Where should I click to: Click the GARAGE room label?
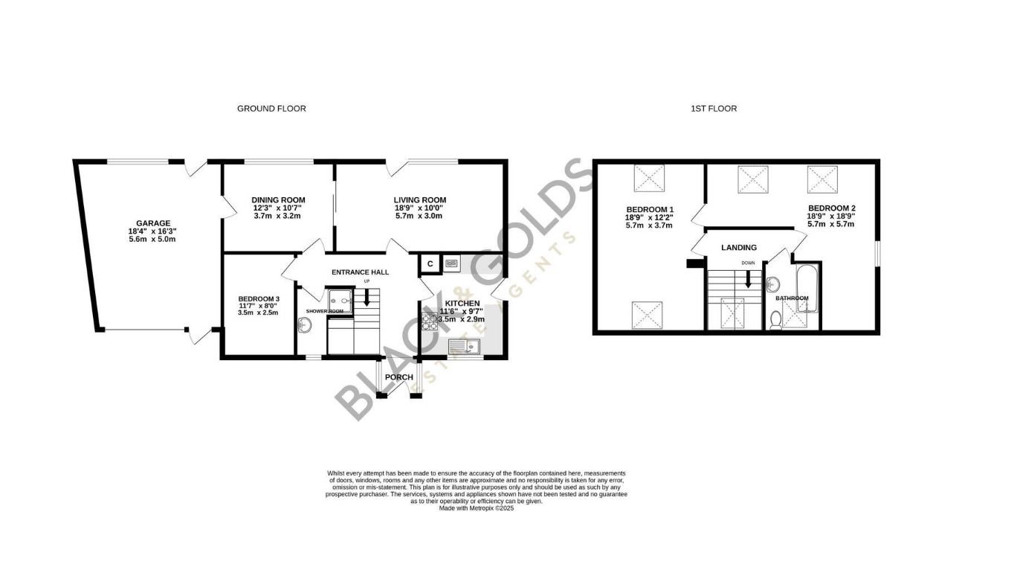153,223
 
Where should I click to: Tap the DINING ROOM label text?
278,200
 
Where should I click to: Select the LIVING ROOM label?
420,200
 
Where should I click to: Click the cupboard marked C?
430,263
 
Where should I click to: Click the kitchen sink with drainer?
465,346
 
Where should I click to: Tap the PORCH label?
399,377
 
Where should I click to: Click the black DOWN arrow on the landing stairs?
749,279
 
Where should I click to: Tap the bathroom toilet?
775,320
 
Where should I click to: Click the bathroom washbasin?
773,284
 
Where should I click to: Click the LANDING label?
739,248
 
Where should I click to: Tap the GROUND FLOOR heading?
271,109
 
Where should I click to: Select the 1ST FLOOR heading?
714,109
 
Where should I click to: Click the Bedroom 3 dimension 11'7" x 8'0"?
258,306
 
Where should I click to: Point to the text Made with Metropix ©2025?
476,508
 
